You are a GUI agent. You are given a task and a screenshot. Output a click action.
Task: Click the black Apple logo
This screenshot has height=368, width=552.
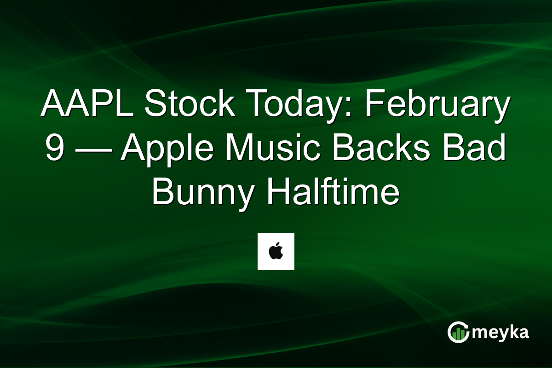(276, 252)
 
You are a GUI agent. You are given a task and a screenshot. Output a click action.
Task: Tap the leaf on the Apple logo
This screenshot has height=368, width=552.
(277, 246)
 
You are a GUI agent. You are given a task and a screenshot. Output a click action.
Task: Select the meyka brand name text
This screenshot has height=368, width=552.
(500, 333)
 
